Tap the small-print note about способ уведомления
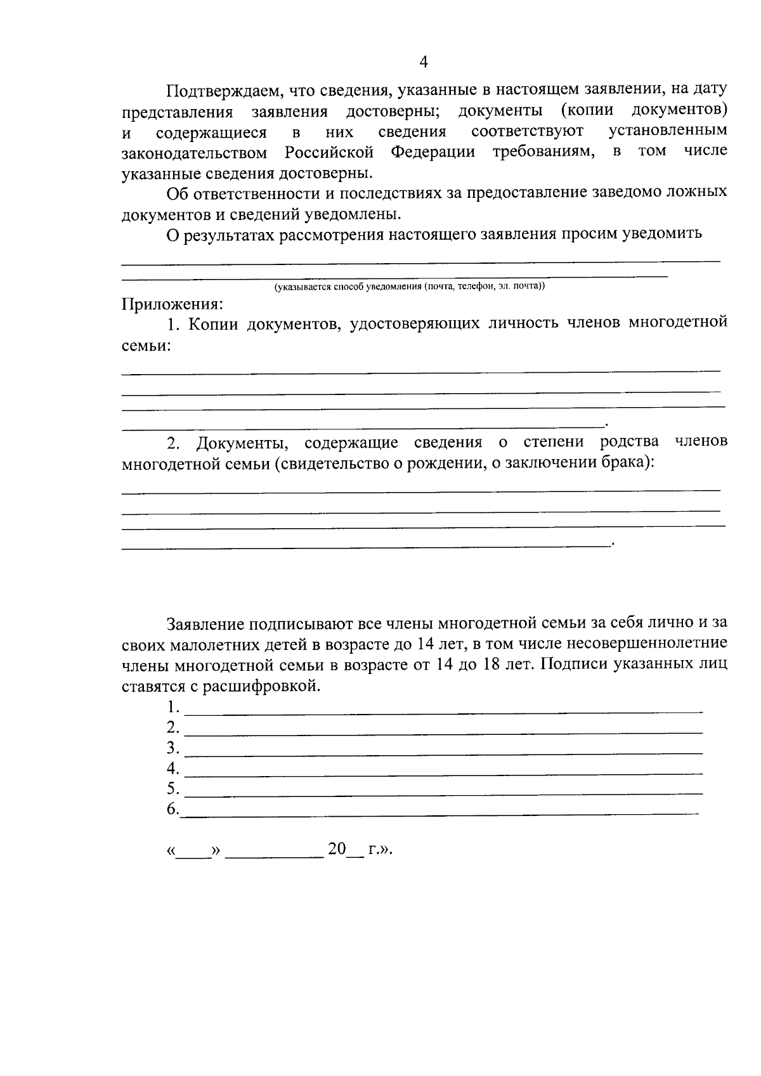click(409, 287)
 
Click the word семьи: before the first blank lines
click(146, 346)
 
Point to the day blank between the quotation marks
click(193, 853)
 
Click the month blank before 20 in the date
click(275, 853)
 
